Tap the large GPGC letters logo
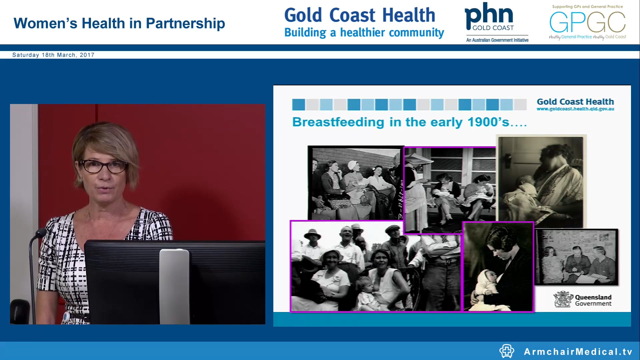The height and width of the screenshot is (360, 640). (x=587, y=22)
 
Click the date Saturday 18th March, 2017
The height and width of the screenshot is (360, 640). (x=53, y=55)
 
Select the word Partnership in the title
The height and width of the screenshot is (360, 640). (x=185, y=23)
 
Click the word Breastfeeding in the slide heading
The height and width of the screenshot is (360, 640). (x=338, y=122)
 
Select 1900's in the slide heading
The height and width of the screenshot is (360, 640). (x=488, y=122)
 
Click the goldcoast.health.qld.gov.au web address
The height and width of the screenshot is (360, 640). (x=575, y=109)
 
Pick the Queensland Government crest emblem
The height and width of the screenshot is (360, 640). (x=563, y=299)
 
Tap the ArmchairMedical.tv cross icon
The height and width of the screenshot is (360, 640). (x=507, y=351)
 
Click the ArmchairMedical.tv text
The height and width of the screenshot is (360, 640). (x=578, y=352)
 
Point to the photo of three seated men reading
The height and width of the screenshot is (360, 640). (x=576, y=257)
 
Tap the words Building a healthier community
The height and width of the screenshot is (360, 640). (x=364, y=33)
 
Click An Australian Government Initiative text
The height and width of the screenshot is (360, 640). (x=497, y=40)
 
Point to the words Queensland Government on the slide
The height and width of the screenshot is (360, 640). (x=593, y=300)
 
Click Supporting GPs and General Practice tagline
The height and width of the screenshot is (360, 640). (x=587, y=7)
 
